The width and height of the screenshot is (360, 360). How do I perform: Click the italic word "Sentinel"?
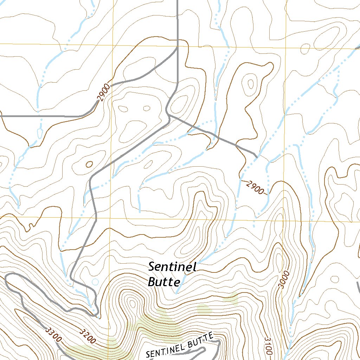pos(172,267)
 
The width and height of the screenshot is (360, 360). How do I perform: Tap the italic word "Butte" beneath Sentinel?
pos(164,282)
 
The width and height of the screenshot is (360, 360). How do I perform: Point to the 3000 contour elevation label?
pos(284,279)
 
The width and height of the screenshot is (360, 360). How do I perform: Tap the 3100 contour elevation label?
pos(268,346)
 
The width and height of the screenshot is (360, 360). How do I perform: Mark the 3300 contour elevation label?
pos(54,334)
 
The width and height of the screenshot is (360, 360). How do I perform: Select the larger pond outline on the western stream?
pos(39,133)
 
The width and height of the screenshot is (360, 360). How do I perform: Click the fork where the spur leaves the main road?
pos(169,115)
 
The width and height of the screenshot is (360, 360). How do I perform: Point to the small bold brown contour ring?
pos(89,164)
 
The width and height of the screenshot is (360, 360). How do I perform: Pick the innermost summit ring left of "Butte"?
pos(132,303)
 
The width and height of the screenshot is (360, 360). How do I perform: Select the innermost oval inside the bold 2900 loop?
pos(251,84)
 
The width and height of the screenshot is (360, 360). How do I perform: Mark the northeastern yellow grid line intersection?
pos(285,46)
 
